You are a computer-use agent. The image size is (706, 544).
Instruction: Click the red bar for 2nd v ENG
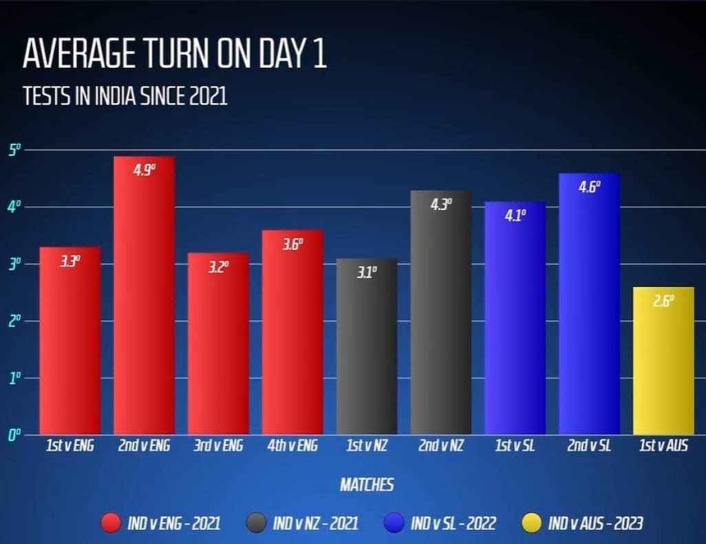144,296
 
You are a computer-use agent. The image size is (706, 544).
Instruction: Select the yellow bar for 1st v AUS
663,362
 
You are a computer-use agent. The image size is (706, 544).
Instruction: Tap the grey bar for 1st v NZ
367,348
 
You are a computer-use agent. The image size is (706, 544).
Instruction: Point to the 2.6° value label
663,301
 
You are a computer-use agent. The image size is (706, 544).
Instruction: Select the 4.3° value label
441,205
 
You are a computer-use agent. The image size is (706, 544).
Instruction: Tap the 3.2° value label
218,266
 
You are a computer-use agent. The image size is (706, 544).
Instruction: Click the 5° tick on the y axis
15,150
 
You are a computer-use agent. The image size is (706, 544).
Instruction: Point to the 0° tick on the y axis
15,435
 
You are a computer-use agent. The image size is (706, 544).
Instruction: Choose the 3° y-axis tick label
15,264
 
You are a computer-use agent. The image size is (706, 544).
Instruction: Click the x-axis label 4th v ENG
292,446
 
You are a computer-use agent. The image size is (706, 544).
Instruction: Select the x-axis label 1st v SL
515,446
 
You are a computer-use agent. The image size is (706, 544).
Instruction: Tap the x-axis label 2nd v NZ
441,446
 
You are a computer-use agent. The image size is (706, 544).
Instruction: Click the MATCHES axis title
367,485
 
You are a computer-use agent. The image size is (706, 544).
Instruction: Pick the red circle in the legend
111,524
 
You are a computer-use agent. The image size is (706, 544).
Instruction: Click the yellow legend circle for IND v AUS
532,524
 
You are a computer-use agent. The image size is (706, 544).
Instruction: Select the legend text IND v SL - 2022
453,524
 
